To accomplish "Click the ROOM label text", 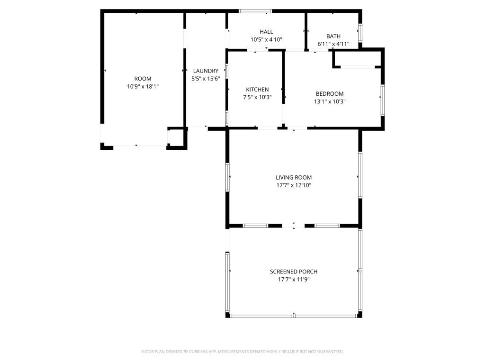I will [x=143, y=79].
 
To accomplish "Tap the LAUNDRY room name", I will [x=206, y=71].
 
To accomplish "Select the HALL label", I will [x=266, y=32].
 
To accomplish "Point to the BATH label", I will [x=333, y=36].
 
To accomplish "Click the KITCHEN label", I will [x=257, y=89].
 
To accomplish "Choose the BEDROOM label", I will [x=330, y=93].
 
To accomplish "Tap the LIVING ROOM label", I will [x=294, y=177].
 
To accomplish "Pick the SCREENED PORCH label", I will [x=294, y=272].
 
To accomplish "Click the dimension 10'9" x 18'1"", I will [x=143, y=87].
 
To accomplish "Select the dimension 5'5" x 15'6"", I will [x=206, y=79].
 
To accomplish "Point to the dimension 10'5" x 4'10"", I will [x=266, y=40].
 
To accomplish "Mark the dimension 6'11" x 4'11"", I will [x=333, y=44].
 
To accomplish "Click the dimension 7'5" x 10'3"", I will [x=257, y=97].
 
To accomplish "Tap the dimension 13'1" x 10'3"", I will [x=330, y=101].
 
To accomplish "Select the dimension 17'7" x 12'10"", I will [x=294, y=185].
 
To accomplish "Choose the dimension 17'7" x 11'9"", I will [x=294, y=280].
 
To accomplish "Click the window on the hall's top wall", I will [x=255, y=11].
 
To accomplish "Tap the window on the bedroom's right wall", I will [x=382, y=100].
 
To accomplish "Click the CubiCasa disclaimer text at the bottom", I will [x=242, y=352].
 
